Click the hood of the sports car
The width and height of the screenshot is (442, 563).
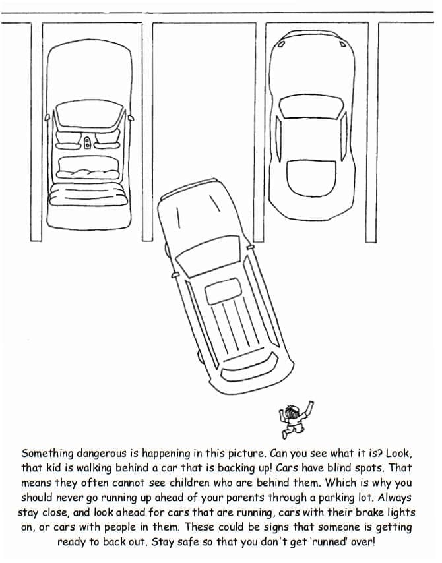pos(310,63)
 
